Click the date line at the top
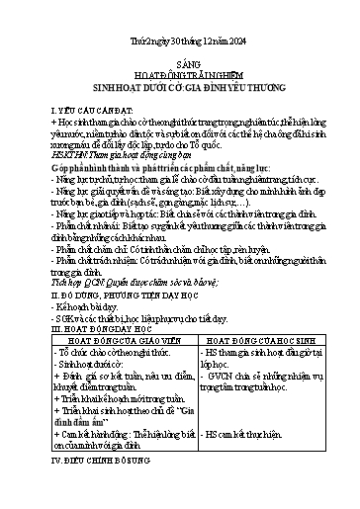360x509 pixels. [x=179, y=39]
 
